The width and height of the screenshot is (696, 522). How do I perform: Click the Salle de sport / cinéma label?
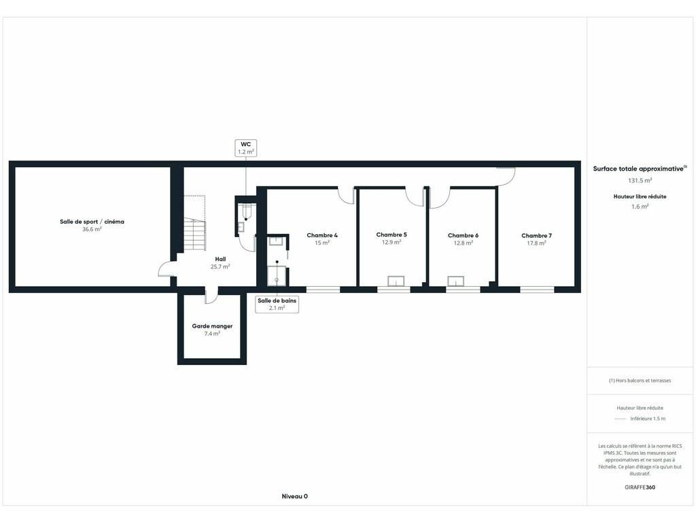(92, 222)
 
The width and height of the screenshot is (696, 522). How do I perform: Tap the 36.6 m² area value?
(92, 230)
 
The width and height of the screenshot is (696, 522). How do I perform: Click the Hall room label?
(221, 259)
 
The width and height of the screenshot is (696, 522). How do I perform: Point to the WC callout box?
(246, 147)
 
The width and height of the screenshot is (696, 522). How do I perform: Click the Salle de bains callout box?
(277, 304)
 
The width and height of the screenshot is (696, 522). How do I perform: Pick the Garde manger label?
(212, 326)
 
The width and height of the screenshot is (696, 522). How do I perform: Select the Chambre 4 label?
(322, 235)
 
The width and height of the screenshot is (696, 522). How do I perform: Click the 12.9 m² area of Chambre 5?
(391, 243)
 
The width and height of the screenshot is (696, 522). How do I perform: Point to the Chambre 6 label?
(463, 235)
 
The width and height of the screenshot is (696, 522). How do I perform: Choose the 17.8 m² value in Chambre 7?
(536, 243)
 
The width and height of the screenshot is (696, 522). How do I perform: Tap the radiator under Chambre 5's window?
(396, 281)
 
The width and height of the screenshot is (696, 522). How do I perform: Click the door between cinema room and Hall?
(167, 268)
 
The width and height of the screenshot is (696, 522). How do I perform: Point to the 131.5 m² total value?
(640, 181)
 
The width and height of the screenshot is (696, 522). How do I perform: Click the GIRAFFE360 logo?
(640, 487)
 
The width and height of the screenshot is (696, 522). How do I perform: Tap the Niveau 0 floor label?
(295, 496)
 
